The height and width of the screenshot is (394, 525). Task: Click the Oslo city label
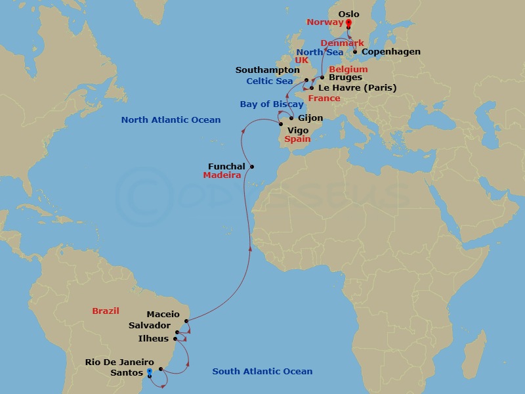[348, 14]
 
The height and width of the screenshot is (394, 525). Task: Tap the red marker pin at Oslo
[348, 24]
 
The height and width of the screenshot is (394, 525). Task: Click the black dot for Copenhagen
[355, 52]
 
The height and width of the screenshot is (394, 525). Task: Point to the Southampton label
[267, 70]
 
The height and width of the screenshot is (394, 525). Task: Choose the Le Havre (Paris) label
[357, 88]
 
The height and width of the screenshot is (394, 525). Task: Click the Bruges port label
[345, 77]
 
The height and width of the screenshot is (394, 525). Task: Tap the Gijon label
[310, 119]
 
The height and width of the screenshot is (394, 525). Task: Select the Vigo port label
[298, 131]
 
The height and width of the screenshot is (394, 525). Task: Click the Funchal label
[226, 167]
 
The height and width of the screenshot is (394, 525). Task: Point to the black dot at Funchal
[252, 166]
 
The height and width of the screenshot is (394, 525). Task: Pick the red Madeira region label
[222, 176]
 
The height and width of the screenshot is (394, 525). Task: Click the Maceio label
[163, 315]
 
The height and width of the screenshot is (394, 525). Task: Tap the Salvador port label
[150, 326]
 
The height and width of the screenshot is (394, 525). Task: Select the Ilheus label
[154, 339]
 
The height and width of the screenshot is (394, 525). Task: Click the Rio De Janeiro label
[119, 362]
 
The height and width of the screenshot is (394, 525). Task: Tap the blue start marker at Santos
[149, 372]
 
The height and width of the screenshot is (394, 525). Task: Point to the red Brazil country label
[106, 311]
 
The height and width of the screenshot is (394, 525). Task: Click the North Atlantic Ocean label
[171, 120]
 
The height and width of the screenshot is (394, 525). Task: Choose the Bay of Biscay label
[272, 104]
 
